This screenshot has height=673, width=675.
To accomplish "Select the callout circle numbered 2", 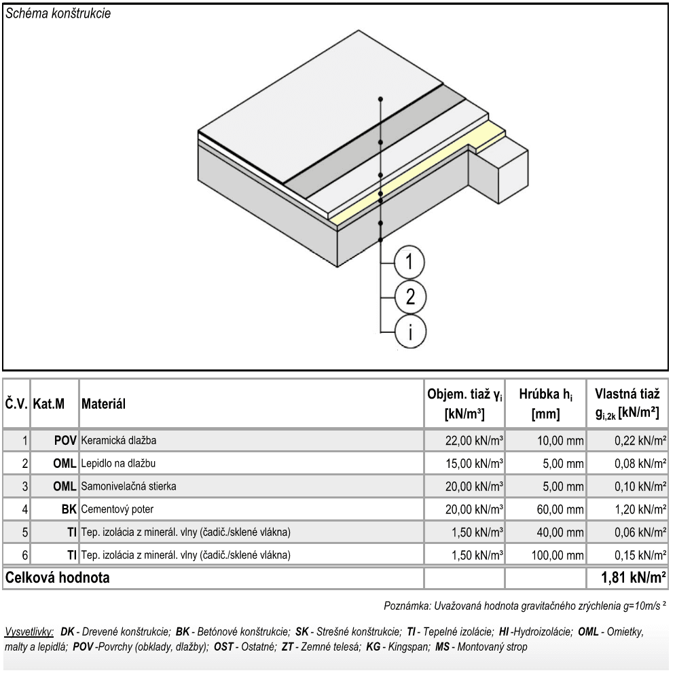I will click(409, 297).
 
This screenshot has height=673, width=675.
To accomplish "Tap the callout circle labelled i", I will click(409, 331).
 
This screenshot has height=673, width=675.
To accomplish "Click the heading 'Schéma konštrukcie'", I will click(58, 14).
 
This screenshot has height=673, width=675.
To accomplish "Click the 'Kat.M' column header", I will click(49, 404).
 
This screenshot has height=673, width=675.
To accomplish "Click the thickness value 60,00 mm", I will click(560, 509).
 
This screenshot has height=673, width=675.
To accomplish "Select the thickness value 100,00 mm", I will click(558, 556).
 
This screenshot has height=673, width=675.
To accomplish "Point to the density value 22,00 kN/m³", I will click(475, 441).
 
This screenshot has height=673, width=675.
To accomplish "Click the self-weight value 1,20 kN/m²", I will click(640, 509).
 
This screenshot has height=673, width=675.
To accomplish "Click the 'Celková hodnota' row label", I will click(57, 579).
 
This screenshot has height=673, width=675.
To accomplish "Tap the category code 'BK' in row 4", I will click(69, 509).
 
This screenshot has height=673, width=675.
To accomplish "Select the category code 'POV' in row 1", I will click(65, 441).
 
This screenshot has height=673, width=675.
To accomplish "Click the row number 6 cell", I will click(24, 556).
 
